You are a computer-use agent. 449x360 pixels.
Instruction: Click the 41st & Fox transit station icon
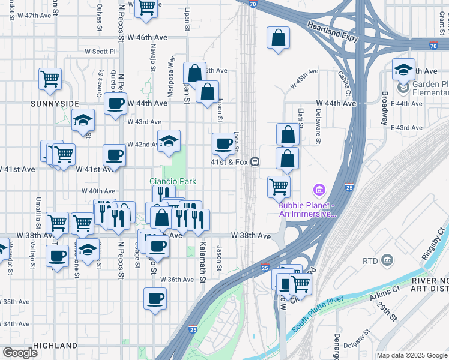255,162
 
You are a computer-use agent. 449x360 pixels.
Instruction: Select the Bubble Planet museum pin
318,191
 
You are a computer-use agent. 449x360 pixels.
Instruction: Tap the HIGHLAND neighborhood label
55,346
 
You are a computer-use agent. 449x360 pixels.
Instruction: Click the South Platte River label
318,316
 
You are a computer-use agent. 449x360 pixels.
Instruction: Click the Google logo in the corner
20,353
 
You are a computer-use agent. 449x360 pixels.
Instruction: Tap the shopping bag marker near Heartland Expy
278,38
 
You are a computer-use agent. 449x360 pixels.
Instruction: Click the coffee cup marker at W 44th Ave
116,103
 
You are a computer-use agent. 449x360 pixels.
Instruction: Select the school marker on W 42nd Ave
169,141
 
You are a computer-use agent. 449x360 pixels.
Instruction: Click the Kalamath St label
203,263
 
